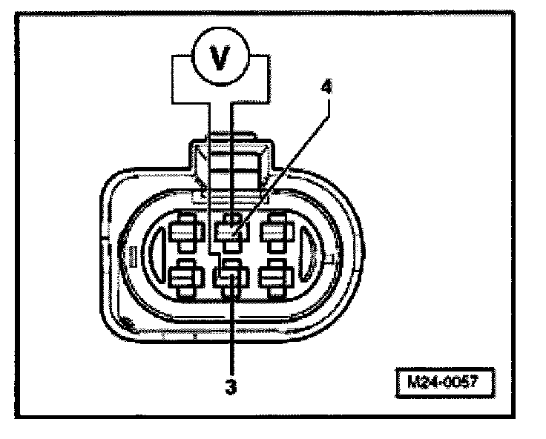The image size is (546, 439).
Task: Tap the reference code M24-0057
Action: (443, 386)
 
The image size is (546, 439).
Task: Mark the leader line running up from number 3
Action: (232, 334)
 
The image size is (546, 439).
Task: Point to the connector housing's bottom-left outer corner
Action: (122, 323)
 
